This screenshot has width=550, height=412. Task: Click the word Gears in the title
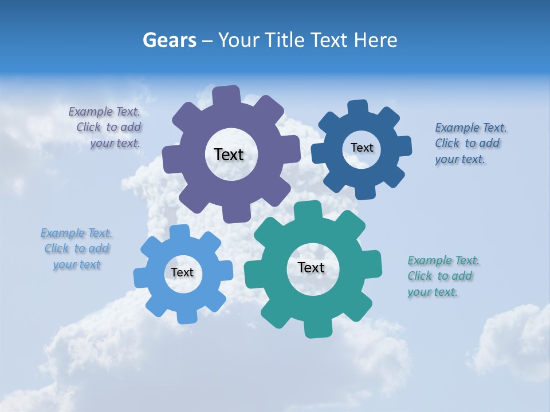pyautogui.click(x=169, y=40)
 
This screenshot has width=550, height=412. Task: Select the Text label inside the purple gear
pyautogui.click(x=229, y=154)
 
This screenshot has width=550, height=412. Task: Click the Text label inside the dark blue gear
pyautogui.click(x=362, y=148)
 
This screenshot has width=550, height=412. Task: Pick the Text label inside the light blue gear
pyautogui.click(x=182, y=272)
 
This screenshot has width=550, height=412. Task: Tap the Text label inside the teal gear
pyautogui.click(x=311, y=267)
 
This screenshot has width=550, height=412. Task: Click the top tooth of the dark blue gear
pyautogui.click(x=357, y=108)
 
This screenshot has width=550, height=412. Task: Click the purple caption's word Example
pyautogui.click(x=91, y=112)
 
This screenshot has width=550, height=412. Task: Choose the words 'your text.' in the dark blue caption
pyautogui.click(x=460, y=160)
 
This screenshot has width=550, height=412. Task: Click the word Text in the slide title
pyautogui.click(x=329, y=40)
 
